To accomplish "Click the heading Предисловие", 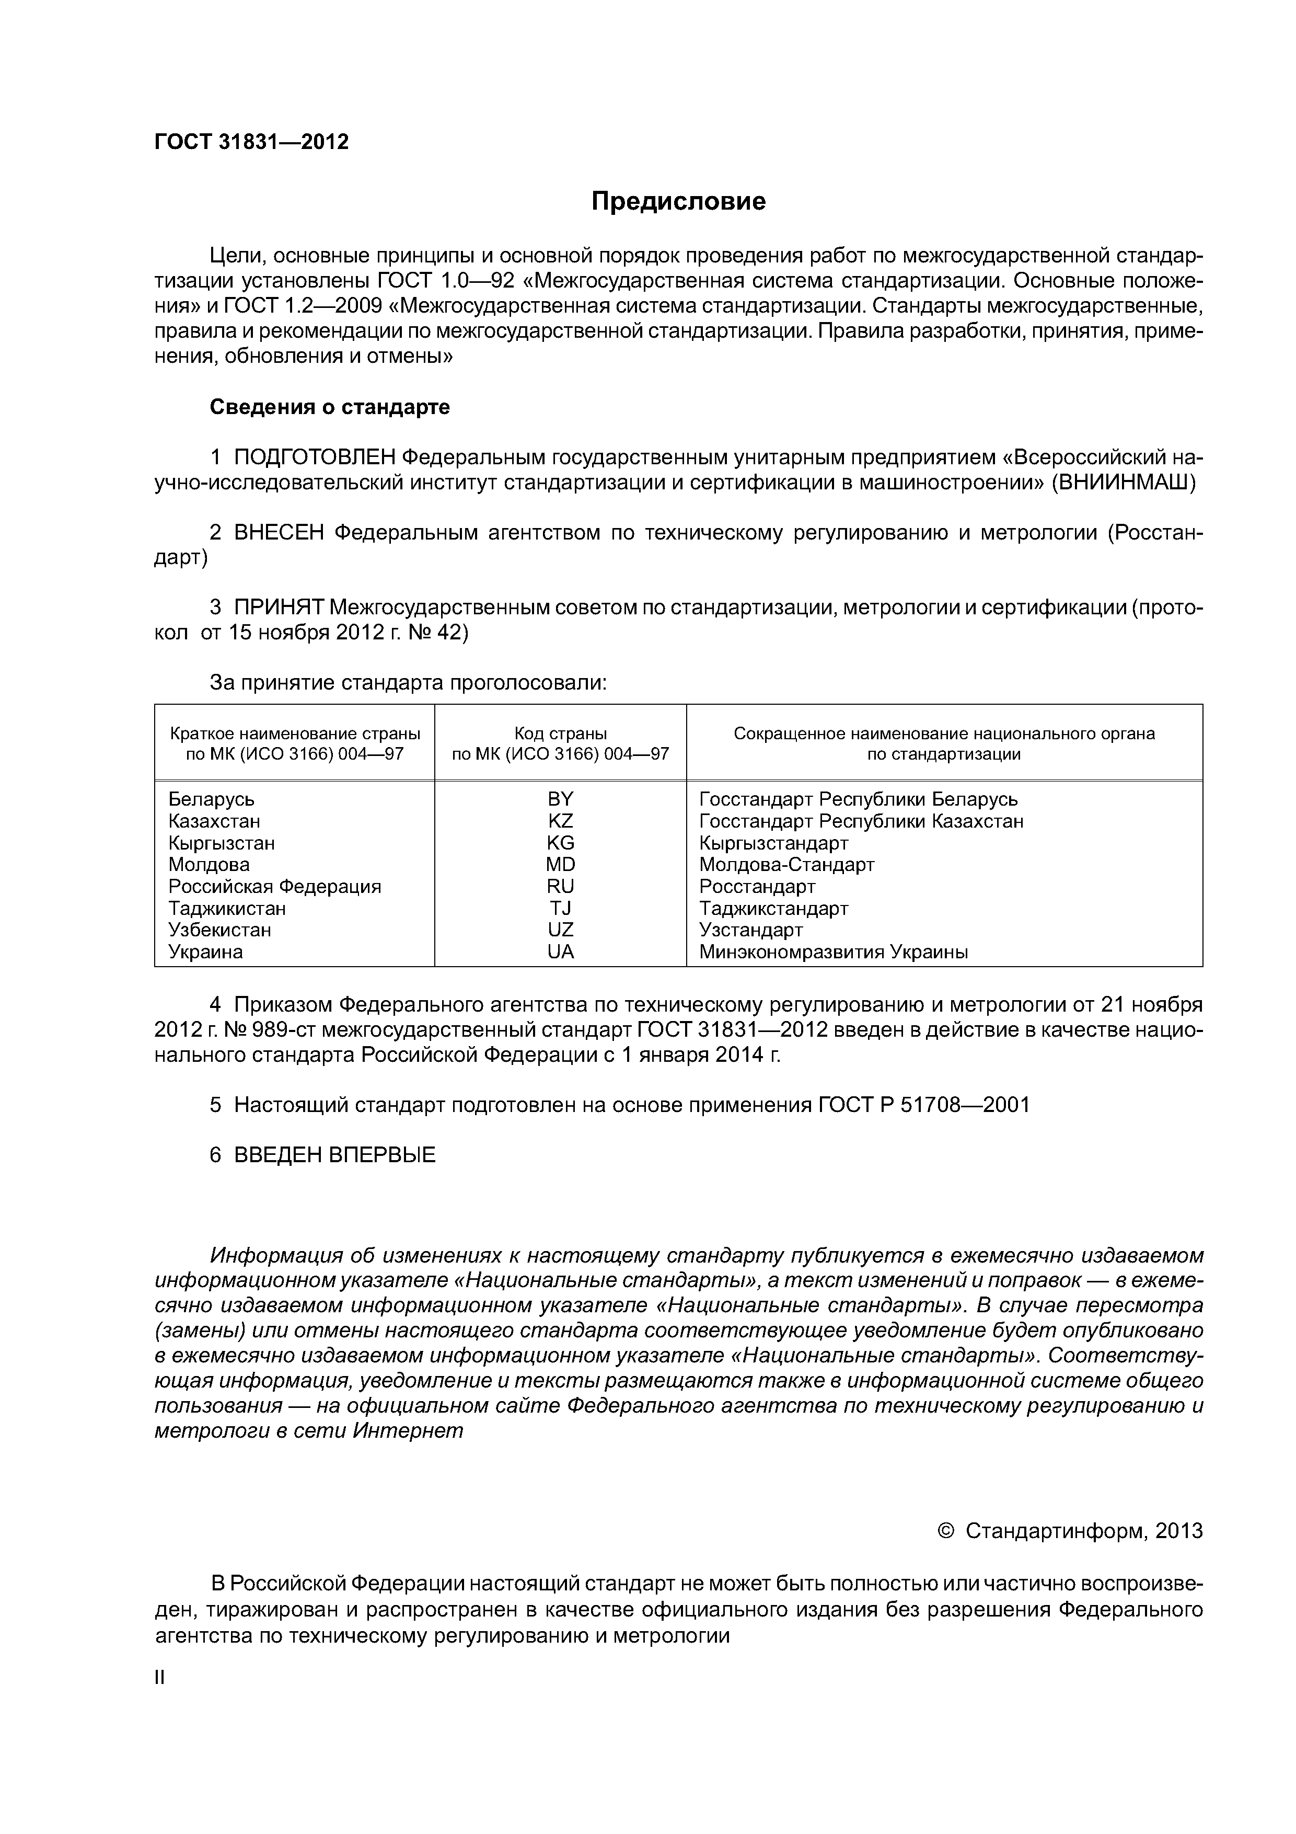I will (678, 201).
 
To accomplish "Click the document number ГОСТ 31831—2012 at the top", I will (251, 142).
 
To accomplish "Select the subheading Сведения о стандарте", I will (330, 407).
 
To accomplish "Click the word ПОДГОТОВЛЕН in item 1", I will (315, 457).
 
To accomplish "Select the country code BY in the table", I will (561, 799).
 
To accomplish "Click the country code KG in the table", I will (561, 843).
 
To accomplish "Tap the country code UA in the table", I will (561, 952).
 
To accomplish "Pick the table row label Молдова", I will (209, 864).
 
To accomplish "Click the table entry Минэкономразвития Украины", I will (834, 952).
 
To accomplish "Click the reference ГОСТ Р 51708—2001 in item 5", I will (924, 1105).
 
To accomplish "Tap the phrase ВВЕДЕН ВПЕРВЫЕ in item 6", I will (334, 1155).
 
